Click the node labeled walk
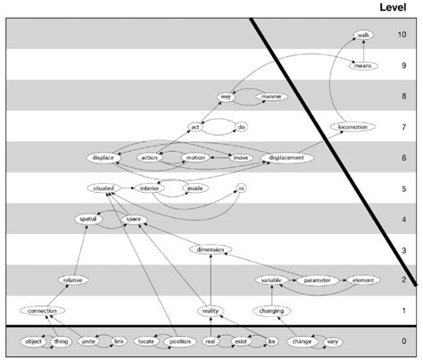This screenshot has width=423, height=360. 363,35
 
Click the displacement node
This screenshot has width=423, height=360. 288,158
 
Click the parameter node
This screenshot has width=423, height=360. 313,280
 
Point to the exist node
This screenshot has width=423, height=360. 237,342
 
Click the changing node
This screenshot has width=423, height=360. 271,311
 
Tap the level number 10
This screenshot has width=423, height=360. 402,35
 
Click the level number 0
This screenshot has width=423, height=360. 402,342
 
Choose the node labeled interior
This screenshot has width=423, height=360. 149,189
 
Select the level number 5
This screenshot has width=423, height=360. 402,189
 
